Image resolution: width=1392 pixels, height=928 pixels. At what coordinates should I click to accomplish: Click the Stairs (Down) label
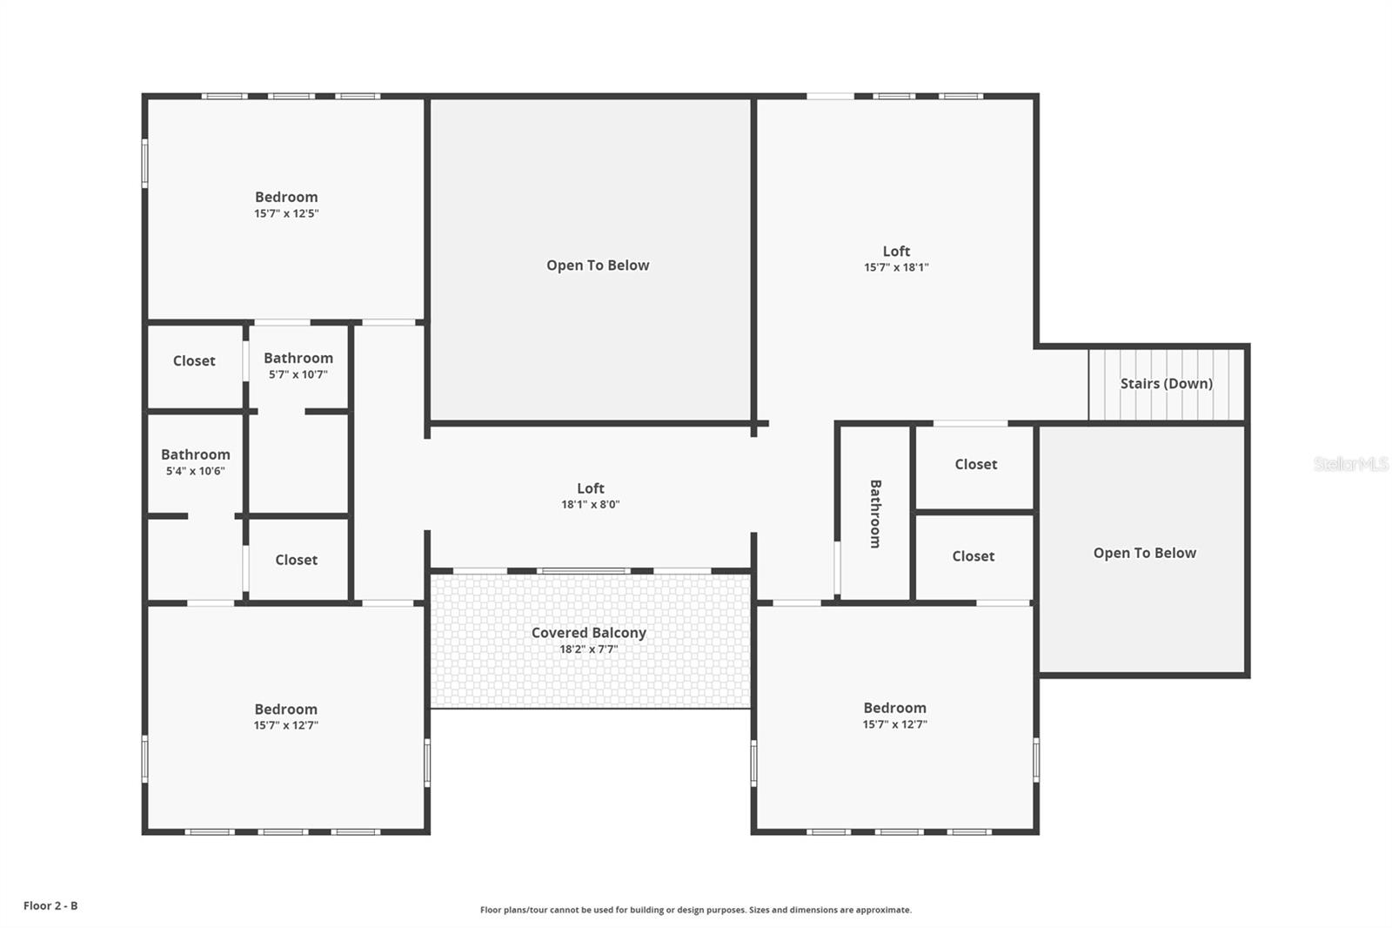(1166, 383)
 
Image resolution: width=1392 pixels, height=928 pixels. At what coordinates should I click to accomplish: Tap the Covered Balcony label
(589, 633)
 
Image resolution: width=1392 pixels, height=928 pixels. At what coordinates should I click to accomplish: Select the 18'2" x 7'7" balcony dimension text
(589, 649)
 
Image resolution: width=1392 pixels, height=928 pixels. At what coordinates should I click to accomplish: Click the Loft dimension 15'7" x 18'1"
(896, 267)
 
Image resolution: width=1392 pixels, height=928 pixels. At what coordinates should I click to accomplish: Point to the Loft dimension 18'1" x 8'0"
(591, 504)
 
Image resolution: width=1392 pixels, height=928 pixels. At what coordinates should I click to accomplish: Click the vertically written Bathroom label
(875, 514)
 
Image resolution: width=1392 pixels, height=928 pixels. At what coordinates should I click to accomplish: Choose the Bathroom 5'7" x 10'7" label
(298, 366)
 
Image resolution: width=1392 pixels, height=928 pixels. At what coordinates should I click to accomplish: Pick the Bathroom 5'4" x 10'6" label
(196, 462)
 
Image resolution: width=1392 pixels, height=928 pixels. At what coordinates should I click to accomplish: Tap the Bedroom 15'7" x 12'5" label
(286, 205)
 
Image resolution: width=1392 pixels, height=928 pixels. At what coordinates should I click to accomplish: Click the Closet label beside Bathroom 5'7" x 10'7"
(194, 360)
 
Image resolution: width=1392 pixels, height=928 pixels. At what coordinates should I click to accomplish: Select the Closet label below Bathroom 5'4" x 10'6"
(297, 560)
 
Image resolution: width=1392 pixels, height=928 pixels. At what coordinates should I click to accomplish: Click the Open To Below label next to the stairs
(1145, 553)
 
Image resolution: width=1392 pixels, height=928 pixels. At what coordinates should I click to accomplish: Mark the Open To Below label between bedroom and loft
(598, 266)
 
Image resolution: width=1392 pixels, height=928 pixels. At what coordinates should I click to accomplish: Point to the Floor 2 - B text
(50, 905)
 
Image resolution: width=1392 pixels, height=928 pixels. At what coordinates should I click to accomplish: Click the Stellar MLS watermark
(1351, 464)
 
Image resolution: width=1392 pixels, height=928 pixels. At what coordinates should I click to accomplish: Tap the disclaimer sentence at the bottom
(696, 910)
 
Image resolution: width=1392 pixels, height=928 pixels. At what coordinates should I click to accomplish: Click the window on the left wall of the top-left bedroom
(145, 163)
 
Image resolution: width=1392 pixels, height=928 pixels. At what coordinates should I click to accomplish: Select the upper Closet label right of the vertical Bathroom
(976, 464)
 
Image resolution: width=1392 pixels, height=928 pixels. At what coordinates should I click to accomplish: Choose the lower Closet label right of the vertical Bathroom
(973, 555)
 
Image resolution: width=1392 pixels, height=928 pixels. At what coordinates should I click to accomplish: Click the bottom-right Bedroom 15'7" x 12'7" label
(895, 716)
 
